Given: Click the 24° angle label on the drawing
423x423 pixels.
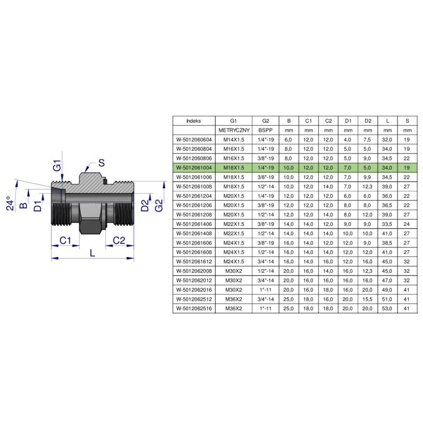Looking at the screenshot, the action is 10,203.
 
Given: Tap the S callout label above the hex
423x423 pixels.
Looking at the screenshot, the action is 102,163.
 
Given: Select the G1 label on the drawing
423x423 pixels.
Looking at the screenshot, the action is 57,165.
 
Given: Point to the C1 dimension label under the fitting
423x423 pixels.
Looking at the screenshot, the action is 65,240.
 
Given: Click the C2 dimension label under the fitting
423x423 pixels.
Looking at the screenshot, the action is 119,240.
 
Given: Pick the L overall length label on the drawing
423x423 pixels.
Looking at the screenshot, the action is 93,253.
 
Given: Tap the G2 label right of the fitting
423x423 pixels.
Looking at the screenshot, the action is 159,205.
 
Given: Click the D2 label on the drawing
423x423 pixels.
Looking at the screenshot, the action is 145,206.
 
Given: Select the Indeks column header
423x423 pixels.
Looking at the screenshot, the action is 194,121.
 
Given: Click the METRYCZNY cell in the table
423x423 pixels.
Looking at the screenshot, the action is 234,130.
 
